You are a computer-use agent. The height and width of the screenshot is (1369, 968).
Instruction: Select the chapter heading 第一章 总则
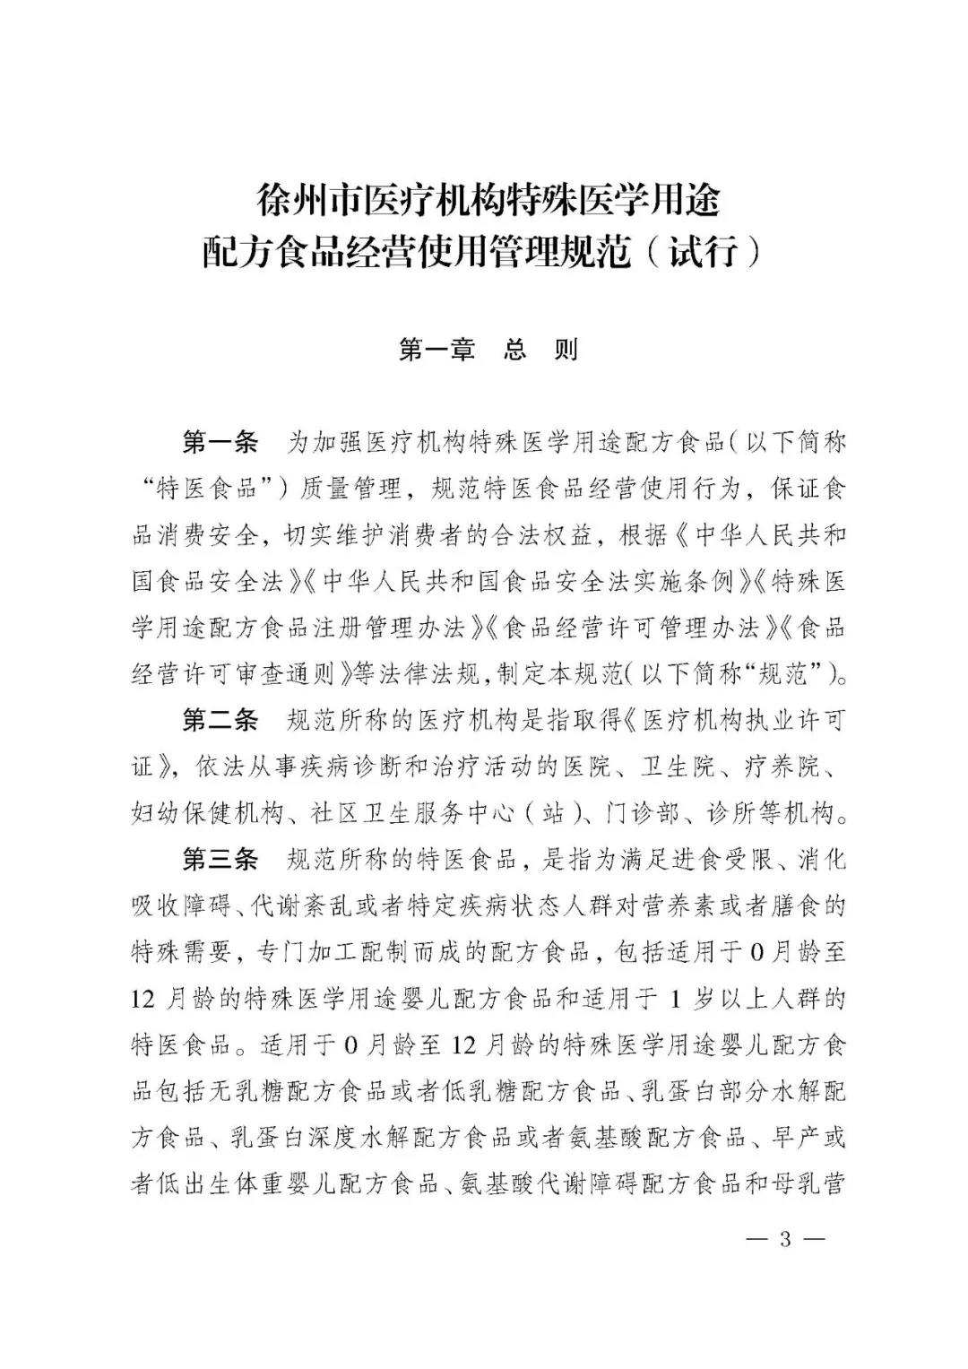[x=488, y=350]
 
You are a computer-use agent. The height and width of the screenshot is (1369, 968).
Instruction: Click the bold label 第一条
[x=220, y=442]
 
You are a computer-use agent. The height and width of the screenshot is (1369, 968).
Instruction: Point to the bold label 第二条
[x=220, y=721]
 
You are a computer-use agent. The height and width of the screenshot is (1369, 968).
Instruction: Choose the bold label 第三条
[x=220, y=860]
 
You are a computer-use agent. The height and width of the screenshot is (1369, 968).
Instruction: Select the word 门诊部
[x=635, y=814]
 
